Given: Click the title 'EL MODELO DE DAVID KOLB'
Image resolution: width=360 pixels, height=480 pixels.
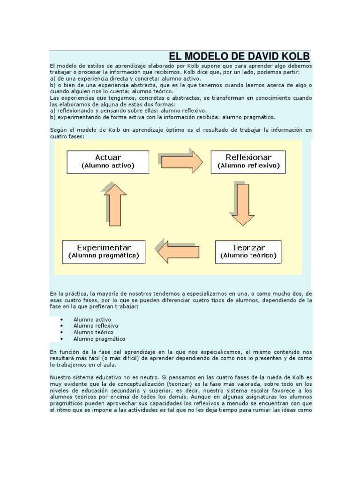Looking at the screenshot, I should pyautogui.click(x=239, y=57).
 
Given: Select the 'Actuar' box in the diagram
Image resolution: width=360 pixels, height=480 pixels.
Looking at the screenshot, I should pyautogui.click(x=108, y=161).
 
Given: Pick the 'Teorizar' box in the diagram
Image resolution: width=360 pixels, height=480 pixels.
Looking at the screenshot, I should pyautogui.click(x=248, y=252).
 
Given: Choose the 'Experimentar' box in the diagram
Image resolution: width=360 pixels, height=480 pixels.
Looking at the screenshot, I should pyautogui.click(x=104, y=252).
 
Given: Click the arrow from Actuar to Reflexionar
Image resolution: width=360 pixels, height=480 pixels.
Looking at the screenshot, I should pyautogui.click(x=180, y=161).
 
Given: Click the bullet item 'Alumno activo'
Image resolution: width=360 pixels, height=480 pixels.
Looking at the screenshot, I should pyautogui.click(x=92, y=319).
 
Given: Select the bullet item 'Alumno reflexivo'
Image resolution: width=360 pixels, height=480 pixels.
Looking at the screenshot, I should pyautogui.click(x=96, y=326).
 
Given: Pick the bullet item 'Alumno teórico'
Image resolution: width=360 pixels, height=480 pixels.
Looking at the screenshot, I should pyautogui.click(x=93, y=332).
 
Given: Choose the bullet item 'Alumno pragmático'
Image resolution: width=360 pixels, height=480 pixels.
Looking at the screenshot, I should pyautogui.click(x=99, y=339).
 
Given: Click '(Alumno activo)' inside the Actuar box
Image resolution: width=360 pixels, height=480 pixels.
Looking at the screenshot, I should pyautogui.click(x=108, y=166).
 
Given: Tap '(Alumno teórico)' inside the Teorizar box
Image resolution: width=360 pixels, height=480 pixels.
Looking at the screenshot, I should pyautogui.click(x=248, y=256).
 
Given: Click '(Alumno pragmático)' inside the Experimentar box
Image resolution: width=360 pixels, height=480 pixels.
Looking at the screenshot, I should pyautogui.click(x=104, y=256).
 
